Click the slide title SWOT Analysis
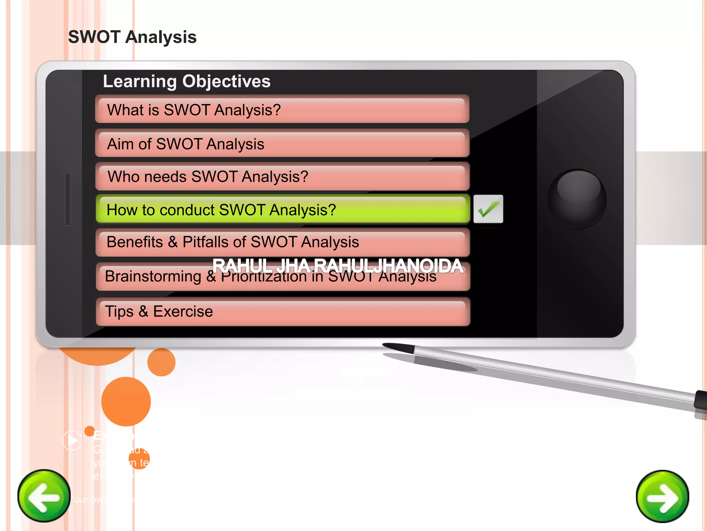[132, 37]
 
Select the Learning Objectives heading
[186, 82]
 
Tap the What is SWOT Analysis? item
[282, 110]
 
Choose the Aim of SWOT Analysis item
[282, 143]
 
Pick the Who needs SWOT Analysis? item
[282, 176]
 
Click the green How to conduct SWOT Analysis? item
[282, 209]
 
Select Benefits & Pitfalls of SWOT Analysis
[282, 242]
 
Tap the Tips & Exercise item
[282, 311]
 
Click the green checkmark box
[488, 209]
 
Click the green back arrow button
[44, 496]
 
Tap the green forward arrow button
[662, 496]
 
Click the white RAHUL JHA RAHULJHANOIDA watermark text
[337, 265]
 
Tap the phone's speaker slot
[68, 199]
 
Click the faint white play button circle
[72, 440]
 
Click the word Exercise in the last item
[183, 311]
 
